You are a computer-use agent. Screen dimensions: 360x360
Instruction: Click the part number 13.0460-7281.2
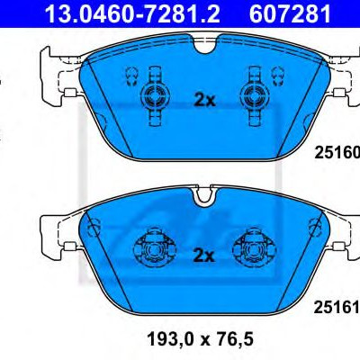(x=132, y=13)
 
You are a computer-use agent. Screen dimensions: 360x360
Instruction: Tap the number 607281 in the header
(x=290, y=13)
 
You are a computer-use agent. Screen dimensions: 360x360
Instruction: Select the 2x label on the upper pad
(x=204, y=101)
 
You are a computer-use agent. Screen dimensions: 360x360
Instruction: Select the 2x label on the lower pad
(x=204, y=256)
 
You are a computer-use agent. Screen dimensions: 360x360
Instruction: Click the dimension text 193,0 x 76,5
(x=200, y=338)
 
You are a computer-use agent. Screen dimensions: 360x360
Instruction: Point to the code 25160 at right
(x=337, y=153)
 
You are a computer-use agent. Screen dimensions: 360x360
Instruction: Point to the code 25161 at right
(x=337, y=308)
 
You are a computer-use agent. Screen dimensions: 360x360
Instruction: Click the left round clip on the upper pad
(x=155, y=96)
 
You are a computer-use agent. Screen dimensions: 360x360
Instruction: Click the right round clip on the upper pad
(x=254, y=96)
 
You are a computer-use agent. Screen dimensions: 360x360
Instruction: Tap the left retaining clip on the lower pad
(x=154, y=249)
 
